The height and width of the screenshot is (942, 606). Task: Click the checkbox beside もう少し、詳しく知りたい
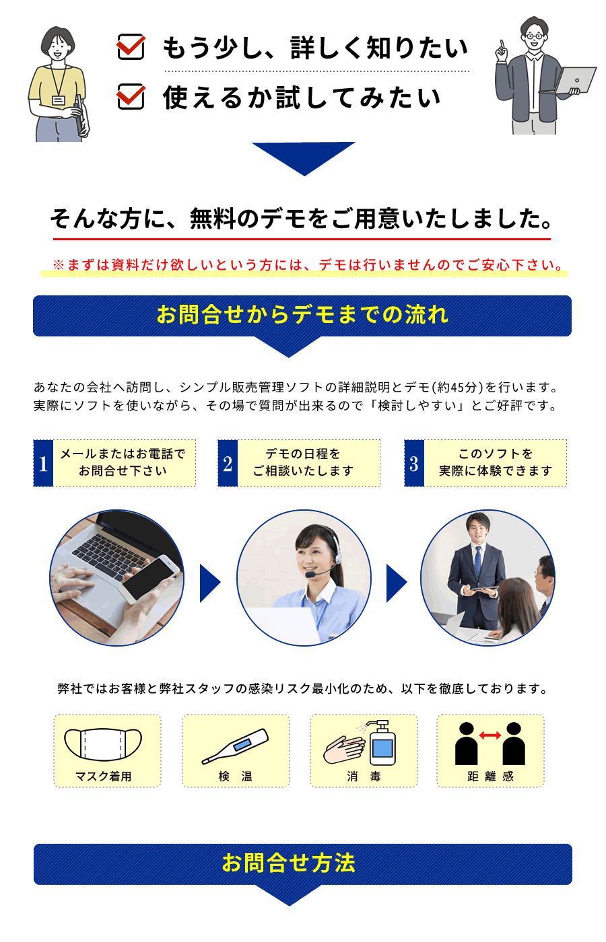[x=131, y=46]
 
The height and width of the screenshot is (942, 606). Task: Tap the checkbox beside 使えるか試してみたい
[x=131, y=96]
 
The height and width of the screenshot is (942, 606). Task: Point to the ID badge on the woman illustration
[x=59, y=100]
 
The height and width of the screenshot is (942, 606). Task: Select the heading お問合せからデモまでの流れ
[x=302, y=315]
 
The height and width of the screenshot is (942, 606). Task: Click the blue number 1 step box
[x=43, y=464]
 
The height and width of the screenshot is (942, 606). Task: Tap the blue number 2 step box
[x=228, y=464]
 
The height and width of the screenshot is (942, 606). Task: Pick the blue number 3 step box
[x=414, y=464]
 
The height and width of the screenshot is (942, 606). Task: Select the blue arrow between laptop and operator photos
[x=210, y=583]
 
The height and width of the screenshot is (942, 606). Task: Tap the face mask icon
[x=103, y=744]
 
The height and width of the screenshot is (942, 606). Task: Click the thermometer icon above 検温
[x=235, y=746]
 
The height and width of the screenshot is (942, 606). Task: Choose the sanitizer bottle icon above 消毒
[x=382, y=743]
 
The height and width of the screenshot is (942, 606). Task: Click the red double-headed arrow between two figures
[x=490, y=735]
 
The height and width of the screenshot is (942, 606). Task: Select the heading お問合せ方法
[x=289, y=863]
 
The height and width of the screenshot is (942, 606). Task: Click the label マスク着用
[x=104, y=776]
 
